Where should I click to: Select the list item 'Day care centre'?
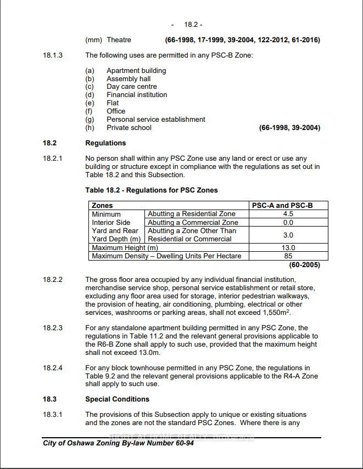pos(132,87)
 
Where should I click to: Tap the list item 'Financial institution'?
pos(137,95)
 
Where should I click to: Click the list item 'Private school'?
pos(129,128)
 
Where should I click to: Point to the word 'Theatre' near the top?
pos(119,40)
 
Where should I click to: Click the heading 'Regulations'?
pos(105,143)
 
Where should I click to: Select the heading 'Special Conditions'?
pos(117,399)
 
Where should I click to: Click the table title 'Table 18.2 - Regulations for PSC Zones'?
pos(152,190)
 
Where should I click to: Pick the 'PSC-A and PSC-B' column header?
pos(282,206)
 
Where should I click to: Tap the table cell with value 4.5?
pos(288,214)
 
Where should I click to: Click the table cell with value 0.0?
pos(288,223)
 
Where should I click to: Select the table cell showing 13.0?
pos(288,248)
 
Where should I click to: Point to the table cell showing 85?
pos(288,256)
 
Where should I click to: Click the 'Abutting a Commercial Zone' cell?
pos(193,223)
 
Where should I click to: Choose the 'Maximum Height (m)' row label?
pos(125,248)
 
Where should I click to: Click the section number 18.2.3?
pos(53,328)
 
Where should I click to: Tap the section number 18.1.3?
pos(53,55)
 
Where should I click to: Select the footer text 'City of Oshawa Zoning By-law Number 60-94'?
pos(118,443)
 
